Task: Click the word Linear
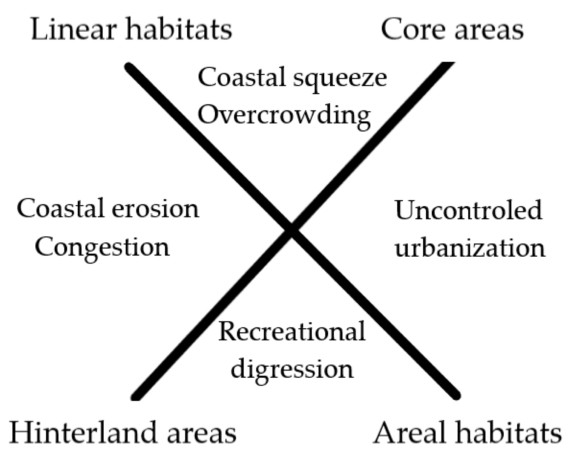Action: [x=74, y=29]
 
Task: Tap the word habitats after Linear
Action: [x=178, y=29]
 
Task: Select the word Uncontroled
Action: [x=468, y=210]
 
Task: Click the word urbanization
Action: [x=470, y=247]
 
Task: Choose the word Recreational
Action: [x=292, y=331]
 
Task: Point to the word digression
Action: [x=292, y=370]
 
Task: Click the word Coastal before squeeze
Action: [x=242, y=78]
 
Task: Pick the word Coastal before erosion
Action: [x=61, y=208]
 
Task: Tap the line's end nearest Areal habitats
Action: [x=457, y=396]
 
